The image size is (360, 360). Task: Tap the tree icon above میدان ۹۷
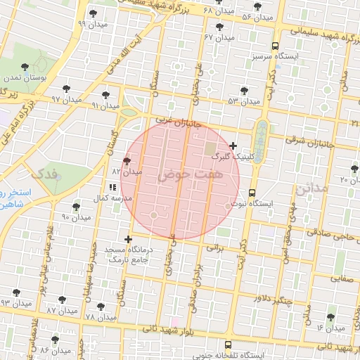click(x=66, y=89)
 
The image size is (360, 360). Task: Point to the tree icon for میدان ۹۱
click(x=105, y=94)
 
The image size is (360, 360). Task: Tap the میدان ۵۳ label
click(x=244, y=101)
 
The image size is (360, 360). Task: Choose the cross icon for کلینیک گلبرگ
click(x=233, y=146)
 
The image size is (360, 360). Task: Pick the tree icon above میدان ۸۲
click(x=126, y=161)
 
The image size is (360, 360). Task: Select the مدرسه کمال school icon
click(x=112, y=188)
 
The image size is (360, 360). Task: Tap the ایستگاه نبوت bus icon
click(x=252, y=193)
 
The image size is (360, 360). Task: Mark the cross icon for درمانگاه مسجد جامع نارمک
click(x=128, y=239)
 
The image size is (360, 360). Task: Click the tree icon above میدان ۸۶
click(x=55, y=340)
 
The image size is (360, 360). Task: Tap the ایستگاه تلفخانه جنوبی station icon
click(x=227, y=345)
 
